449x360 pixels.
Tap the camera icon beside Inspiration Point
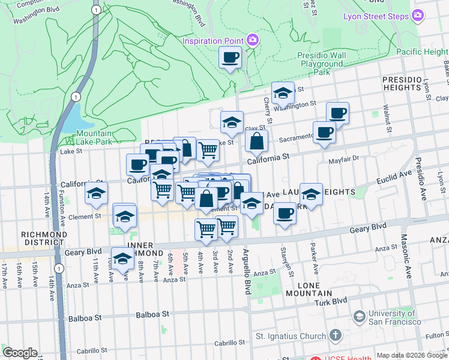point(252,40)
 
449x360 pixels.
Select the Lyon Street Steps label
point(375,16)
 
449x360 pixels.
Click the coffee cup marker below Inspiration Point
point(231,58)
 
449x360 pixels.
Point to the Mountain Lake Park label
point(94,137)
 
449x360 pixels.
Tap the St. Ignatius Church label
point(291,335)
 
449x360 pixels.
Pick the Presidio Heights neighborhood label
point(401,83)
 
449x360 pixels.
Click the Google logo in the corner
point(20,353)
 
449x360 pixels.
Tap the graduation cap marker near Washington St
point(283,93)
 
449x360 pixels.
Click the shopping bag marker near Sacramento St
point(256,142)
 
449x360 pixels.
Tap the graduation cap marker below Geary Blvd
point(122,259)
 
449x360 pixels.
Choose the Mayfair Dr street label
point(343,159)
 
